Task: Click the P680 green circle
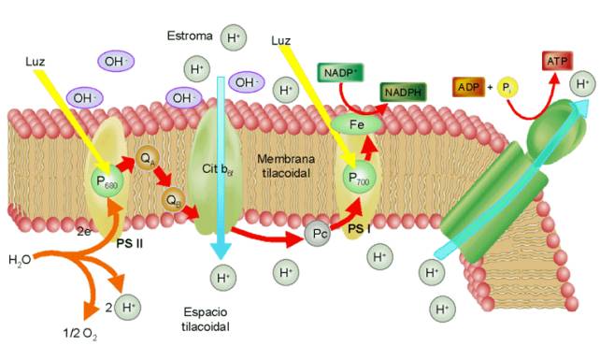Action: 107,180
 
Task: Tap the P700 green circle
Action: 359,178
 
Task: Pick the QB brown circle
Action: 173,200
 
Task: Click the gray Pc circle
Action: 318,234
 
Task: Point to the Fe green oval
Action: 357,124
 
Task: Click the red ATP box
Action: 557,61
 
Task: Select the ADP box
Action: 469,87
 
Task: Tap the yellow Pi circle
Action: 507,88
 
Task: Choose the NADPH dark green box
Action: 403,93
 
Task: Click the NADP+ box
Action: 340,73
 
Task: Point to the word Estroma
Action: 190,36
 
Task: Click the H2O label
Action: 20,261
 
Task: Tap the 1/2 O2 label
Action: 80,334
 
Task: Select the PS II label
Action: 130,243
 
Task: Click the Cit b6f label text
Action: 218,169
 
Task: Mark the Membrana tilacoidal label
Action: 286,166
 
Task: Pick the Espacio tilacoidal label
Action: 206,319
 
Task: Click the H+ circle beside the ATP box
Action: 583,84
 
